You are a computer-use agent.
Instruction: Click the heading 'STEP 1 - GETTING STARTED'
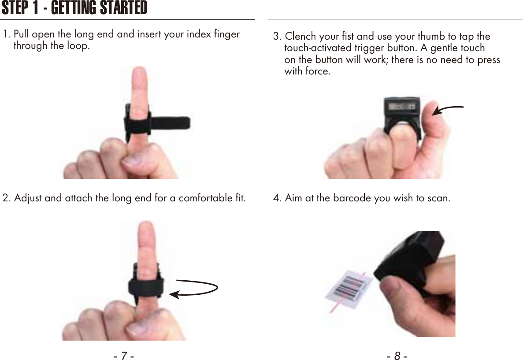click(74, 8)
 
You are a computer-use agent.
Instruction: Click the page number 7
click(124, 356)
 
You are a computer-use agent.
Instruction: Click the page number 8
click(397, 356)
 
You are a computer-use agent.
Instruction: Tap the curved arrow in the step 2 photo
click(194, 289)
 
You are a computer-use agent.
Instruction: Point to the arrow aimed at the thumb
click(447, 110)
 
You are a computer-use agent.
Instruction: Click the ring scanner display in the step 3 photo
click(401, 107)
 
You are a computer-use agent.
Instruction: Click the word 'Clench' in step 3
click(300, 36)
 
